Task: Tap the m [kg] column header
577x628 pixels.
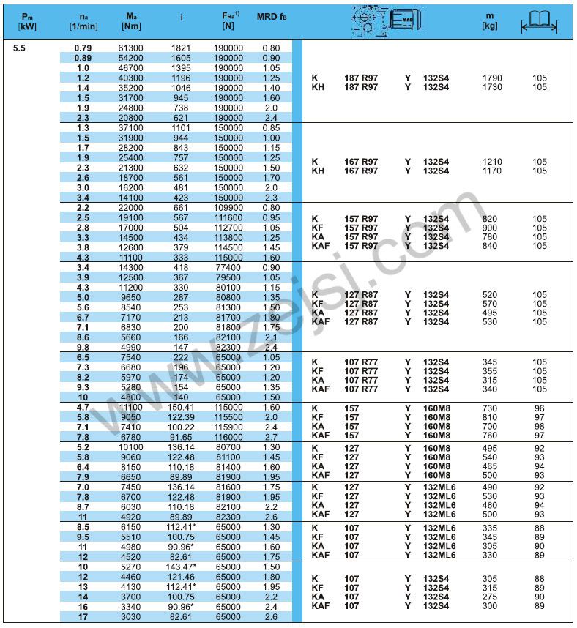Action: (x=490, y=20)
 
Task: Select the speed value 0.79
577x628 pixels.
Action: (x=83, y=48)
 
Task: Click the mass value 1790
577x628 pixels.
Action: (x=492, y=78)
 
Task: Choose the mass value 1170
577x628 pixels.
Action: (x=492, y=171)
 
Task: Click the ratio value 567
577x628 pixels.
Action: (x=181, y=218)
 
